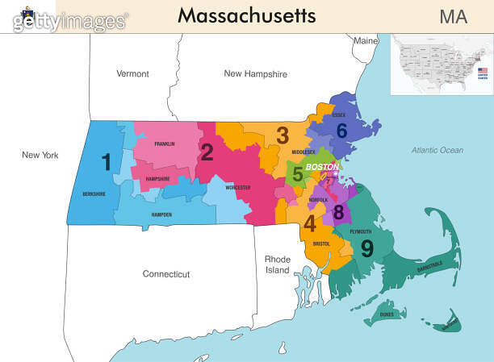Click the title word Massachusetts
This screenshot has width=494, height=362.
pyautogui.click(x=246, y=15)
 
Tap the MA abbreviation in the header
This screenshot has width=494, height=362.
pyautogui.click(x=453, y=16)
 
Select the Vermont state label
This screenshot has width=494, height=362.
pyautogui.click(x=132, y=73)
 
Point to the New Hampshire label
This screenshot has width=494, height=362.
pyautogui.click(x=255, y=73)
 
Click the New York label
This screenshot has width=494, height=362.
pyautogui.click(x=40, y=155)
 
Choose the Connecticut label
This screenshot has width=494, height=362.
pyautogui.click(x=166, y=274)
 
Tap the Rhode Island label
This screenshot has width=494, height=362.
pyautogui.click(x=277, y=264)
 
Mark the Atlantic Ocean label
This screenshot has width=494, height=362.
pyautogui.click(x=437, y=150)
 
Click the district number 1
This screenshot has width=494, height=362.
pyautogui.click(x=106, y=163)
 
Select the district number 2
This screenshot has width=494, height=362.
pyautogui.click(x=207, y=152)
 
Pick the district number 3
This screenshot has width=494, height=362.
pyautogui.click(x=283, y=135)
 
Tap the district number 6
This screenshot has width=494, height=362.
pyautogui.click(x=341, y=131)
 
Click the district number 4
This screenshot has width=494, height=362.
pyautogui.click(x=310, y=223)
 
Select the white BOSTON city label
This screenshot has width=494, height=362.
pyautogui.click(x=322, y=166)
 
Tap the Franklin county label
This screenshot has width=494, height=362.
pyautogui.click(x=165, y=144)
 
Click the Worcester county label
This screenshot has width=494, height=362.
pyautogui.click(x=237, y=187)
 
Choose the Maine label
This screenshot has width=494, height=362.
pyautogui.click(x=366, y=40)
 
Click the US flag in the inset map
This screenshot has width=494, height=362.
pyautogui.click(x=482, y=72)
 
